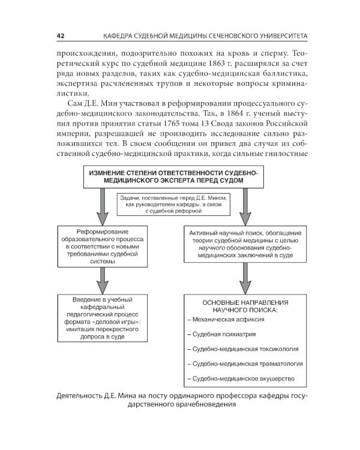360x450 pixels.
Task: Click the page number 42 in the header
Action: (61, 36)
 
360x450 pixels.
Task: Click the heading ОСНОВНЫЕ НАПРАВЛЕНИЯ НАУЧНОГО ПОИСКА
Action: (245, 306)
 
